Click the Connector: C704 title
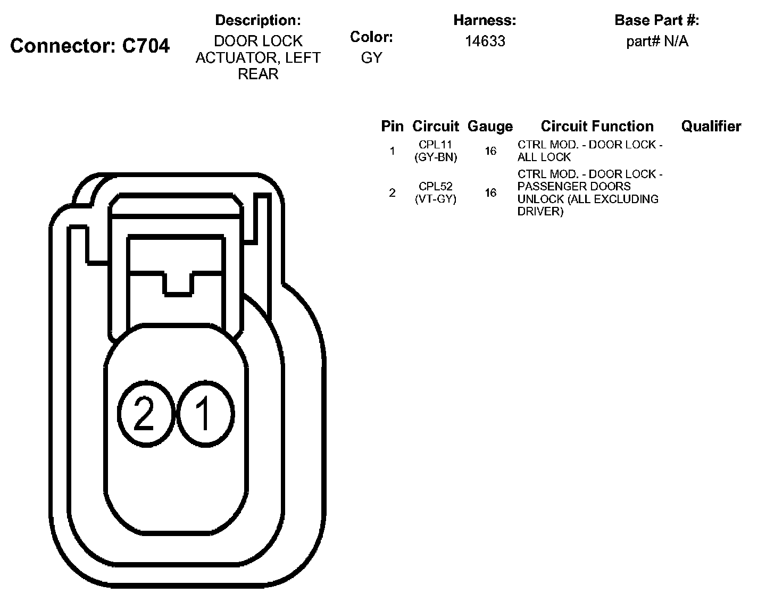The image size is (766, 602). (x=90, y=46)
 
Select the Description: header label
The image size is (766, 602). (x=257, y=20)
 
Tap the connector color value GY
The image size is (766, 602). (x=371, y=57)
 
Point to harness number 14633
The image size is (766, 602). (x=485, y=41)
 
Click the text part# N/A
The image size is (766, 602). (x=657, y=41)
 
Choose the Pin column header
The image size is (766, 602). (x=392, y=127)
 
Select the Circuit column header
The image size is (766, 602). (x=435, y=127)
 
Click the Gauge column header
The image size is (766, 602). (x=490, y=127)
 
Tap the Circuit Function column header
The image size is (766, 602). (x=597, y=127)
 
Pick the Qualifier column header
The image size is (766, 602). (x=711, y=127)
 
